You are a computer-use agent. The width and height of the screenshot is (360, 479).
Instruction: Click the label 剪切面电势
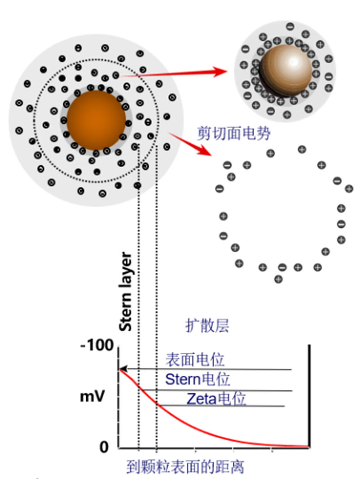pos(234,134)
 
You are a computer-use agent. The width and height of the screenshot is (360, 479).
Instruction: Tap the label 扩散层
pos(207,326)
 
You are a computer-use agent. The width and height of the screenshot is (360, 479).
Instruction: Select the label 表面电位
pos(195,360)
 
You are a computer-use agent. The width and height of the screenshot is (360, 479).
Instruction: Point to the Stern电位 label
pos(197,379)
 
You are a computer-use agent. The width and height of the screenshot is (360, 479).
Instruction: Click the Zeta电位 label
pos(216,399)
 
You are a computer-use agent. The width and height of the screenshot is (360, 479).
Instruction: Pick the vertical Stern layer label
pos(126,291)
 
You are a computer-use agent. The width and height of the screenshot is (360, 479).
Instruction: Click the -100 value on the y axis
pos(97,345)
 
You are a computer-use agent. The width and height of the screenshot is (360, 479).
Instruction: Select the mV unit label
pos(92,396)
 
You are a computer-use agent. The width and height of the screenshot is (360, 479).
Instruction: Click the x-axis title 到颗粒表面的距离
pos(185,467)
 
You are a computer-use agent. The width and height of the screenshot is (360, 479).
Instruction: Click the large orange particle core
pos(96,120)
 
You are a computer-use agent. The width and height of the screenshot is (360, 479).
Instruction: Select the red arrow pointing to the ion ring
pos(191,144)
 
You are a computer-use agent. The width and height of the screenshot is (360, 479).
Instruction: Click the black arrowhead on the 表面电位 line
pos(123,369)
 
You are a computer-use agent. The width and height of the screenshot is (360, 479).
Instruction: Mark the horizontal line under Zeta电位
pos(222,406)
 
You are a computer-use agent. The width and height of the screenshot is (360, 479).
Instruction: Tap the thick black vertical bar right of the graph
pos(309,395)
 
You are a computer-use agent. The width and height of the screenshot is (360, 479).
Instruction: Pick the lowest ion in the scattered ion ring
pos(278,279)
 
